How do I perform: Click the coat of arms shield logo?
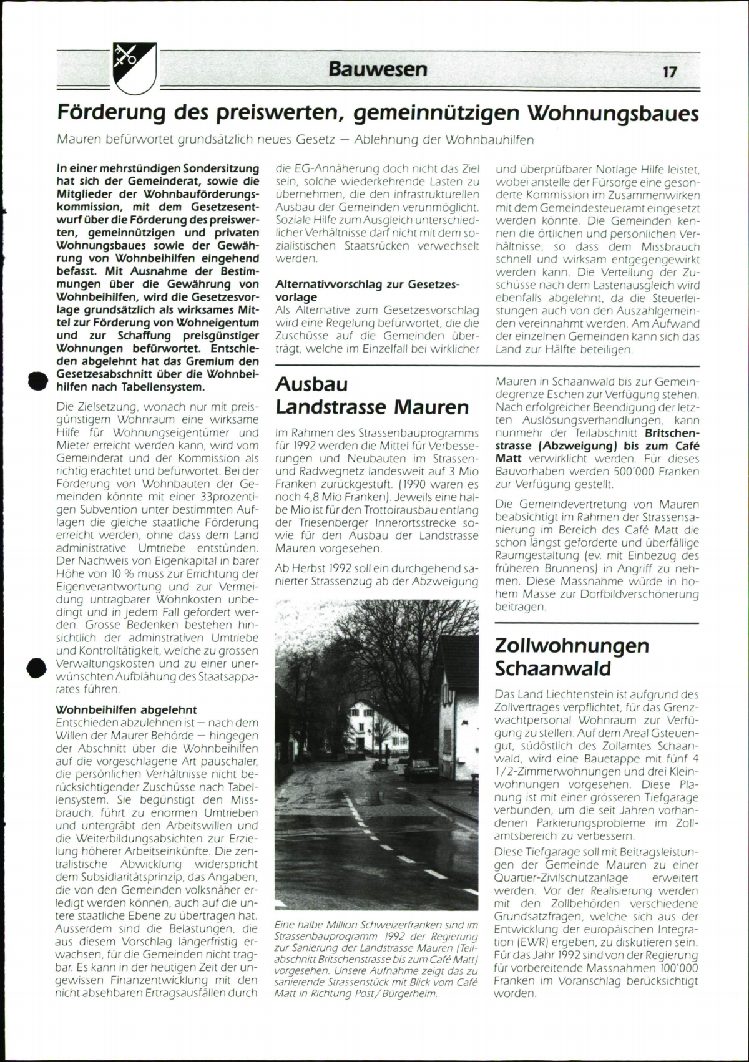tap(134, 68)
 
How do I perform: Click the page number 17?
tap(669, 72)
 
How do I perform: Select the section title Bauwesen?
tap(378, 69)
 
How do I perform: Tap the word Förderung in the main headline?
tap(112, 113)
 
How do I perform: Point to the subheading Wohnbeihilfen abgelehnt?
tap(126, 709)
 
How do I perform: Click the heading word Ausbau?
tap(311, 384)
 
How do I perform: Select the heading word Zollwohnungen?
tap(572, 645)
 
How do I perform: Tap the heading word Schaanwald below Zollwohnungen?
tap(553, 668)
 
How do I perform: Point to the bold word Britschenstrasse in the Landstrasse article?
tap(672, 433)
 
